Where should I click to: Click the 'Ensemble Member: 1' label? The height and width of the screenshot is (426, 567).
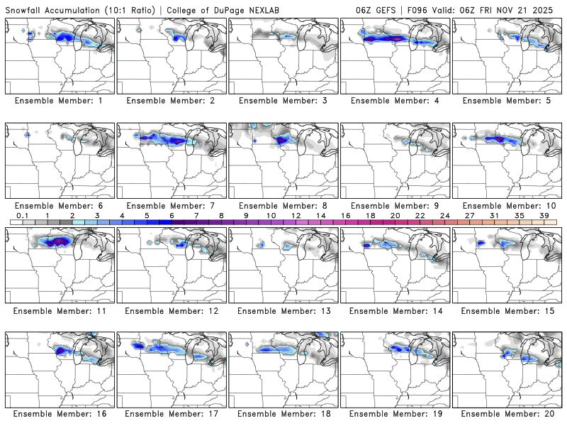[60, 101]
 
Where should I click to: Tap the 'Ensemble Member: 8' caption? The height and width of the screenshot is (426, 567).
[284, 206]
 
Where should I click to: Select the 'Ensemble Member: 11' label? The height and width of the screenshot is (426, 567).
[60, 310]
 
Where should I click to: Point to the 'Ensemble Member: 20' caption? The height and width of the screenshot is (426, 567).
[507, 413]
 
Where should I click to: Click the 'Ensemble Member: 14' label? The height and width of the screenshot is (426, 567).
[395, 310]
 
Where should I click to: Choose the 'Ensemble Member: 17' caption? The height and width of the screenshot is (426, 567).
[172, 413]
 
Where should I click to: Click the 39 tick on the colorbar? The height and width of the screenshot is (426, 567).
[544, 215]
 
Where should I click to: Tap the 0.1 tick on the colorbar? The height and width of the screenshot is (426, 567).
[23, 215]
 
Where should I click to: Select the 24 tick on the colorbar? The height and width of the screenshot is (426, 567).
[444, 215]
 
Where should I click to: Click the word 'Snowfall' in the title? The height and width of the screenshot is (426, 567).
[28, 11]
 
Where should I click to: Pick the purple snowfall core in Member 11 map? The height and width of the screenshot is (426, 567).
[57, 241]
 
